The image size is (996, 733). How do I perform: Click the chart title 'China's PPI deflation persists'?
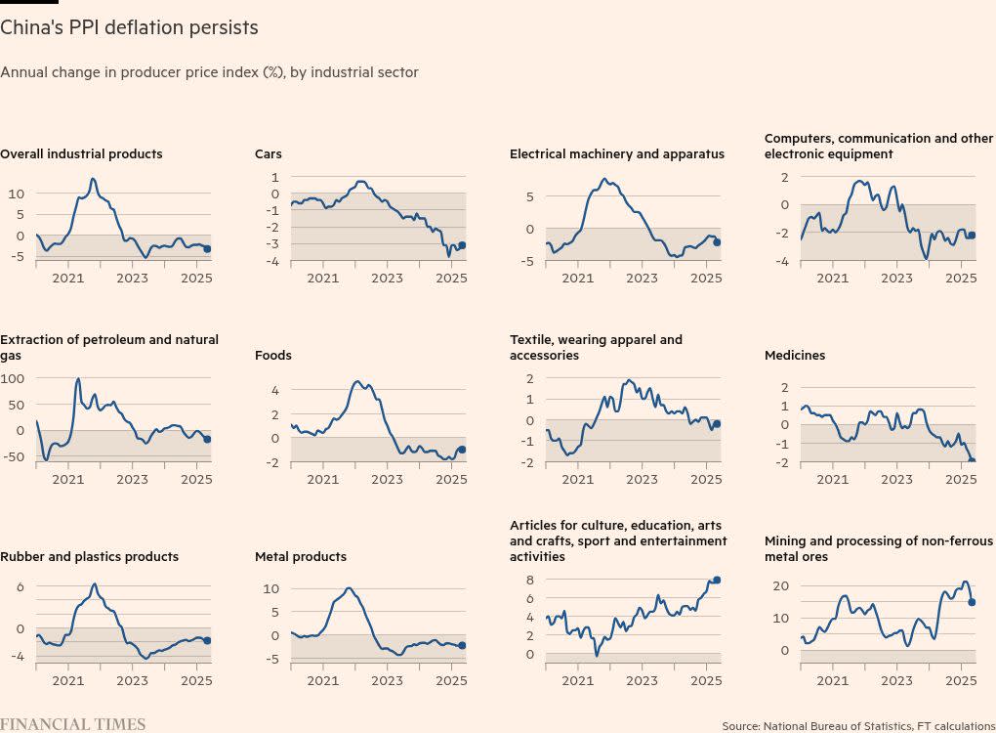click(x=129, y=28)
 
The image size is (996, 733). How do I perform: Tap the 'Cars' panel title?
click(x=269, y=154)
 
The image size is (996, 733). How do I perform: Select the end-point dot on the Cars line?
click(x=462, y=245)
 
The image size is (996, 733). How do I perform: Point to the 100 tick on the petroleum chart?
click(x=13, y=378)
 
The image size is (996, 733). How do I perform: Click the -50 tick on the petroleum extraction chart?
click(x=13, y=456)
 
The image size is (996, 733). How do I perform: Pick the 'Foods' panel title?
click(x=273, y=356)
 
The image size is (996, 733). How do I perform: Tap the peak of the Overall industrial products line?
click(x=93, y=179)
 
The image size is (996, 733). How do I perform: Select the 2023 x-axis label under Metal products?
click(x=387, y=681)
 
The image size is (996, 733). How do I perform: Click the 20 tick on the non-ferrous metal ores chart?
click(x=780, y=586)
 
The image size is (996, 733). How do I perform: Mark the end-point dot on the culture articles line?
click(x=717, y=580)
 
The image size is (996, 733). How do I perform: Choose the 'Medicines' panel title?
click(x=795, y=356)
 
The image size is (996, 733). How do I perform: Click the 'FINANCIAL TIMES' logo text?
click(x=72, y=724)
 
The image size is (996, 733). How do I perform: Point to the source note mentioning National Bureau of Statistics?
click(x=858, y=726)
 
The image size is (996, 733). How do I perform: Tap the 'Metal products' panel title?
click(x=301, y=557)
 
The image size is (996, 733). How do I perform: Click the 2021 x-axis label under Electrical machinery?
click(x=577, y=279)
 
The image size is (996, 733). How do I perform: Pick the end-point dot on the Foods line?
click(x=462, y=450)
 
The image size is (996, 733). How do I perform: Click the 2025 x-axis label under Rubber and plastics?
click(x=196, y=681)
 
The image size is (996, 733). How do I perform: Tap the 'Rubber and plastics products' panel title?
click(x=89, y=557)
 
